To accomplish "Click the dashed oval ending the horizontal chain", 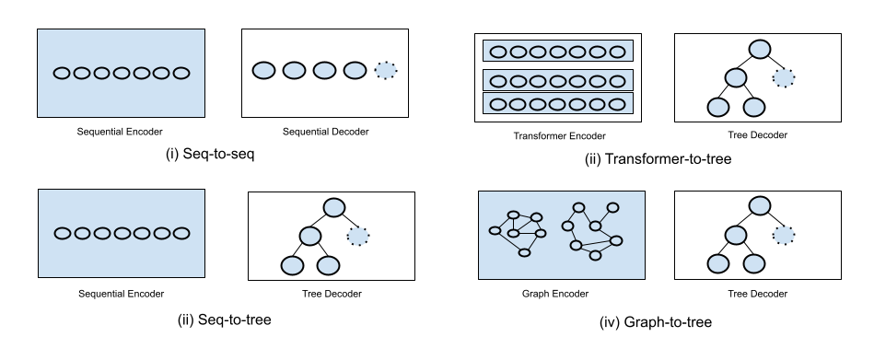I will tap(386, 70).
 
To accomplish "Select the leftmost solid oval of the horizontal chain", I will tap(263, 70).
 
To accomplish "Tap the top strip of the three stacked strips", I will tap(558, 52).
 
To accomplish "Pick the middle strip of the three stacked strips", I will tap(558, 80).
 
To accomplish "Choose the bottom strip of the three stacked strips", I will tap(558, 104).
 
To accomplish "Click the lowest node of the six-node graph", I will tap(524, 252).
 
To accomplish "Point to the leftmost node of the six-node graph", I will tap(495, 230).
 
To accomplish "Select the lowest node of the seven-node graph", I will tap(595, 255).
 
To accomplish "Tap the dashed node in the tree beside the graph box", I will tap(784, 235).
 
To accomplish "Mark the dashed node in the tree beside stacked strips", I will tap(784, 78).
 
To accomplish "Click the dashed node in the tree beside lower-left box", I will tap(358, 237).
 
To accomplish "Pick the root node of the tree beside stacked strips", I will tap(760, 49).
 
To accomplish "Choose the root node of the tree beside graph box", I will tap(760, 205).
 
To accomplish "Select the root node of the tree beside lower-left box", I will tap(334, 208).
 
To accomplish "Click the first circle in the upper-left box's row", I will tap(62, 73).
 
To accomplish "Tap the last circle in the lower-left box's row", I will tap(181, 233).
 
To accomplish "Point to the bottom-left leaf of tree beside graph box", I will tap(718, 264).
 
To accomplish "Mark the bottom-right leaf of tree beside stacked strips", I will tap(754, 107).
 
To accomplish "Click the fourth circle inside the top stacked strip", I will tap(558, 52).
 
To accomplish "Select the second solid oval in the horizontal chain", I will tap(294, 70).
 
